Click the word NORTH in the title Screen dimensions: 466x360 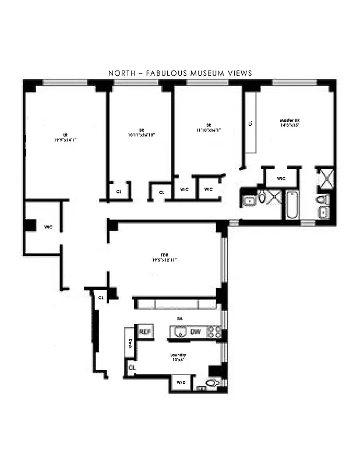(121, 73)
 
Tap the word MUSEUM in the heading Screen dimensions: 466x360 (214, 73)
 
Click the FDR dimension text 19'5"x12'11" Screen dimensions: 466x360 (165, 260)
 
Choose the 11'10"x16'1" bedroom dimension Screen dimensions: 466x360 (208, 130)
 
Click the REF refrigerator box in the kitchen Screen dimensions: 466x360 (144, 331)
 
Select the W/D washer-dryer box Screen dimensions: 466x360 (179, 383)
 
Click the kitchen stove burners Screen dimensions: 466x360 (214, 332)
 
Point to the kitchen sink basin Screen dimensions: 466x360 (179, 332)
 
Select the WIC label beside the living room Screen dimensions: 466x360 (48, 227)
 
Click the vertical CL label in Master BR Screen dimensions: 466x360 (250, 123)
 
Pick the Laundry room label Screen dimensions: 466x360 (178, 355)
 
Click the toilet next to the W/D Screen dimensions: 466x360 (211, 383)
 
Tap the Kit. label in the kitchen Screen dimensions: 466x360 (180, 319)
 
